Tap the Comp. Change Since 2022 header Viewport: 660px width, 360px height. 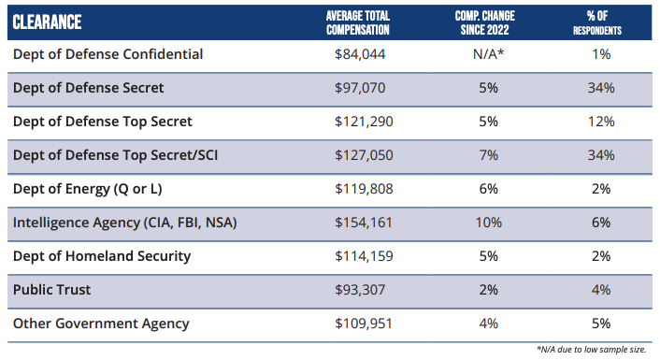487,22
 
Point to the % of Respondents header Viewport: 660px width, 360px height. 599,22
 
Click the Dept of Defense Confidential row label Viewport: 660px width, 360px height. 108,54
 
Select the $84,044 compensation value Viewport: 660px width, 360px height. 359,54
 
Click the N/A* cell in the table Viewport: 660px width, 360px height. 488,54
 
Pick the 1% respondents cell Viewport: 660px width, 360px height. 600,54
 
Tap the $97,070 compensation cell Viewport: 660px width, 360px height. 359,88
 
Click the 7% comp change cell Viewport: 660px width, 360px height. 488,155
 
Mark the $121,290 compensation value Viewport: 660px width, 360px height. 359,122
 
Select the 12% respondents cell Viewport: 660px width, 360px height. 600,122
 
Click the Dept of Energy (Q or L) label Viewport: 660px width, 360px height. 87,189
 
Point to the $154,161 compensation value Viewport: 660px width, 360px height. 359,223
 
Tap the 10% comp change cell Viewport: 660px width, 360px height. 488,223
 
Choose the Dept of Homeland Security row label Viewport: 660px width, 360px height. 102,256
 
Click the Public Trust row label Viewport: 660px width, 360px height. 51,290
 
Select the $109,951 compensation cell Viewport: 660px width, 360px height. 359,324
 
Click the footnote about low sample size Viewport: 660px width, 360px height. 591,349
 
